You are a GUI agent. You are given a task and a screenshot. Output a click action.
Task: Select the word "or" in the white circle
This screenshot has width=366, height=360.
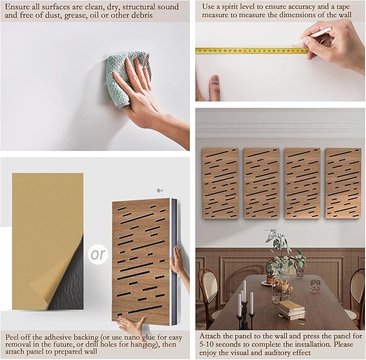tap(98, 254)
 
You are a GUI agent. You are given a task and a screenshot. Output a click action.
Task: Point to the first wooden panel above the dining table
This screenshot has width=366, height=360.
tap(220, 183)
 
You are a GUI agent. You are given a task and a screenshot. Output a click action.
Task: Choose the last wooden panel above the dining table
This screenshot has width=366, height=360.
tap(343, 183)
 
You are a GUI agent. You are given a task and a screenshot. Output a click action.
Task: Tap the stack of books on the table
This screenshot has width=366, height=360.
tap(292, 310)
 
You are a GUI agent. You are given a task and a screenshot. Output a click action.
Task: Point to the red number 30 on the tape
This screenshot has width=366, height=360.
tap(245, 51)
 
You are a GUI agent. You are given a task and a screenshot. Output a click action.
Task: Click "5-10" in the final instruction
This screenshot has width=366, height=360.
tap(208, 344)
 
